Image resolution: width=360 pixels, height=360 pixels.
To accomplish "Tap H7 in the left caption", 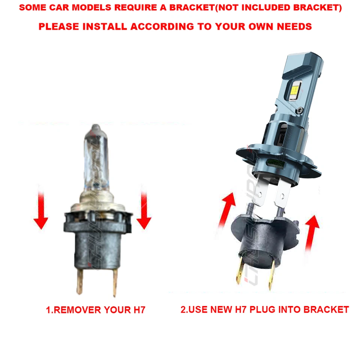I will pos(136,310).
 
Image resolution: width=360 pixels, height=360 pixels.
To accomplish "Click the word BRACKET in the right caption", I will pos(326,309).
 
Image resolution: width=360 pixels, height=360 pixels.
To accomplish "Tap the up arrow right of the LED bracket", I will pos(312,232).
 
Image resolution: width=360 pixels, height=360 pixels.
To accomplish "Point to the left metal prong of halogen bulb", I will pos(79,281).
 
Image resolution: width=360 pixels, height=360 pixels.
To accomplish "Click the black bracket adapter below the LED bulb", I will pos(259,236).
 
